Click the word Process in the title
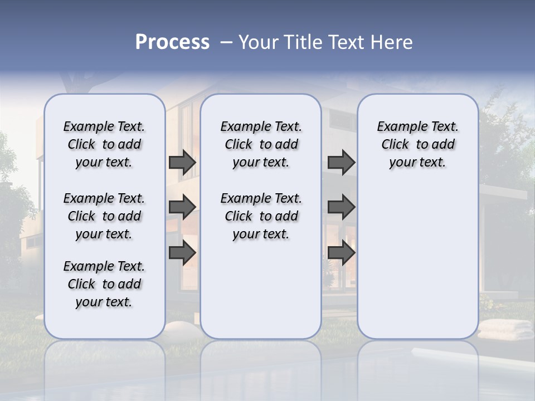(x=172, y=42)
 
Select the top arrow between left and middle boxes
(x=182, y=163)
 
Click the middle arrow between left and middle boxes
(x=182, y=207)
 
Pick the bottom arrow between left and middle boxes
(x=182, y=252)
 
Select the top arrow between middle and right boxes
(x=341, y=163)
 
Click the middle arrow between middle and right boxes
(x=341, y=207)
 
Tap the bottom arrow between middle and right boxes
(x=341, y=252)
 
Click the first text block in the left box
(x=104, y=144)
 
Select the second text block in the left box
(x=104, y=216)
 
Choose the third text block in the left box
(x=104, y=284)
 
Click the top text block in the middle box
(x=261, y=144)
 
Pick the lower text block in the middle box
(x=261, y=216)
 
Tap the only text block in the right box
(x=417, y=144)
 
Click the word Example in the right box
(x=397, y=127)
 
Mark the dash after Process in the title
(x=226, y=42)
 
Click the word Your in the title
(x=259, y=42)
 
